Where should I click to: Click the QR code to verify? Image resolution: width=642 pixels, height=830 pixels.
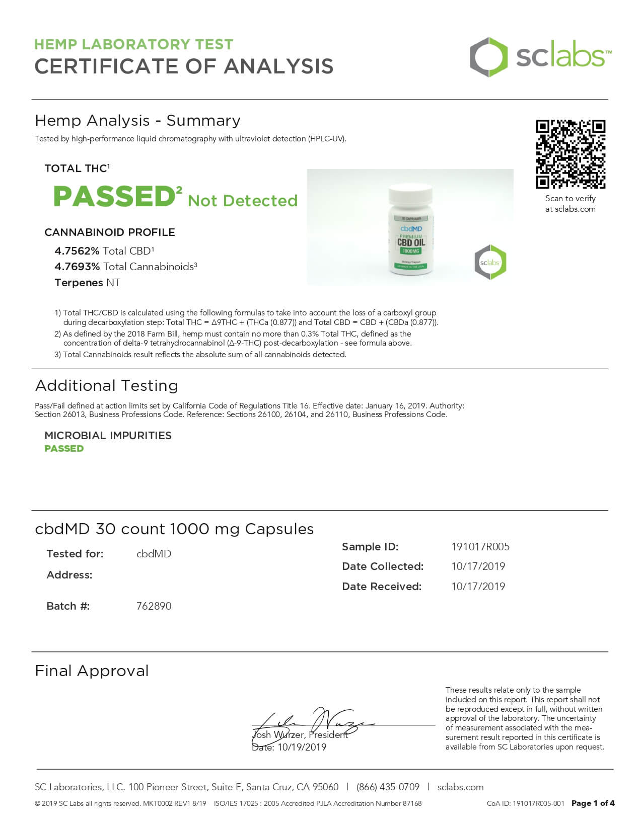(x=570, y=154)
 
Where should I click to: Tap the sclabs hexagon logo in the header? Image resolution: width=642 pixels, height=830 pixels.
(x=488, y=57)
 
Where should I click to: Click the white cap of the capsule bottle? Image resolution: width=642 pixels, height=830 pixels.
(x=410, y=193)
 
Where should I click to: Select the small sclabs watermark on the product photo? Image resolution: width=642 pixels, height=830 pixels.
(x=490, y=262)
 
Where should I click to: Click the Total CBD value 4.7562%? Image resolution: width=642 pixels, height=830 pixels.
(x=77, y=251)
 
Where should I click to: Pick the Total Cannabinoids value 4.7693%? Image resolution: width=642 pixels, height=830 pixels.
(x=77, y=267)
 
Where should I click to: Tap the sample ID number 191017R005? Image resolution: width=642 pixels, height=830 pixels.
(x=480, y=547)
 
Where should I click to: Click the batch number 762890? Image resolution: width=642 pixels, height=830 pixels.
(x=154, y=606)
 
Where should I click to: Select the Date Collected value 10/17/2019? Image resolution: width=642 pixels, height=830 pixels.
(x=478, y=566)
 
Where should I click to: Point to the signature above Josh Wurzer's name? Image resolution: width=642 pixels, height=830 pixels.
(x=312, y=722)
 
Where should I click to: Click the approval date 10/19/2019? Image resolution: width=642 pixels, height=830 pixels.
(x=302, y=748)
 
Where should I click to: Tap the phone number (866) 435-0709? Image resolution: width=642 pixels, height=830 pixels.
(x=388, y=787)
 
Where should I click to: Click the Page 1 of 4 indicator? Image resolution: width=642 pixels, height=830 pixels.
(x=593, y=803)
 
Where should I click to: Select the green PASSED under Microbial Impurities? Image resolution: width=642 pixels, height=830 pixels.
(x=64, y=449)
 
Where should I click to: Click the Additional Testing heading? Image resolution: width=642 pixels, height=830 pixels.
(x=107, y=386)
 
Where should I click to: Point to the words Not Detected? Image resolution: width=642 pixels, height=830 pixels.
(x=243, y=201)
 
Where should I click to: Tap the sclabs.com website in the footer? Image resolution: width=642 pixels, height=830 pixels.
(x=460, y=787)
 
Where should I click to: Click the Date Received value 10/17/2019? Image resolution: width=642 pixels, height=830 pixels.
(x=478, y=587)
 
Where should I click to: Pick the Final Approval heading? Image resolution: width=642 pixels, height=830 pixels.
(x=92, y=671)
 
